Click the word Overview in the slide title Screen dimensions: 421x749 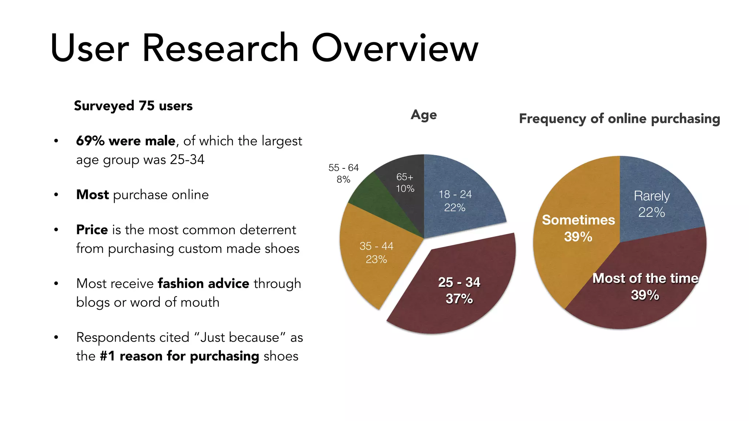tap(395, 48)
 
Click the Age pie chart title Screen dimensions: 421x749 tap(424, 115)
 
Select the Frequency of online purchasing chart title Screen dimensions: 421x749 tap(619, 119)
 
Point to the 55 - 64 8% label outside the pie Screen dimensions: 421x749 tap(343, 174)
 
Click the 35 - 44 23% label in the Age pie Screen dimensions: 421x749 tap(376, 253)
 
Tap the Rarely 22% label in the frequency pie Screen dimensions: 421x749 tap(651, 204)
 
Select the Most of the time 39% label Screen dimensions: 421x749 tap(645, 287)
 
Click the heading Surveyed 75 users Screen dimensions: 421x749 tap(133, 106)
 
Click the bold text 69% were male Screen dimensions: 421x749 tap(125, 141)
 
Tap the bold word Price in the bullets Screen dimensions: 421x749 tap(92, 230)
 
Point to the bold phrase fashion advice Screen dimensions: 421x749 tap(203, 284)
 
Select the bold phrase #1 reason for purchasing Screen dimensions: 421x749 tap(179, 356)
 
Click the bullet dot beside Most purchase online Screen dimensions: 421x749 tap(56, 195)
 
